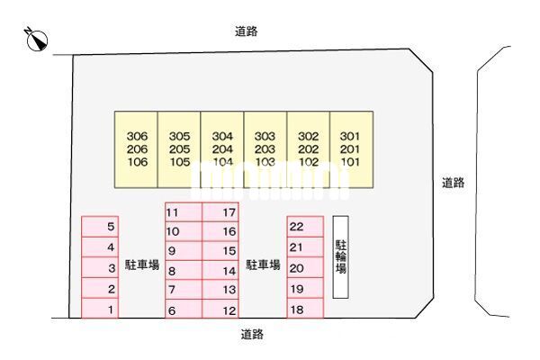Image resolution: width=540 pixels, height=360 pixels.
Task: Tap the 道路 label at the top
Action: (x=247, y=31)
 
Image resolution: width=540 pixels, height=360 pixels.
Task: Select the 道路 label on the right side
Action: (x=453, y=183)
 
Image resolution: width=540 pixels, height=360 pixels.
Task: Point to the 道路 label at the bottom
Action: (x=252, y=333)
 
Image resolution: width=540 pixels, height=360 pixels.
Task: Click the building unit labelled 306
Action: (x=137, y=149)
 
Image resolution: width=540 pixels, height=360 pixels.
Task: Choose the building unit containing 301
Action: (x=350, y=149)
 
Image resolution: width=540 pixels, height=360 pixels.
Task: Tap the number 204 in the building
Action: (x=222, y=149)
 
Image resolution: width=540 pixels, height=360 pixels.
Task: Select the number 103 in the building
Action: (x=265, y=163)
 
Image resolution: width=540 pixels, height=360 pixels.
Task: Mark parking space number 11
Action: (x=184, y=212)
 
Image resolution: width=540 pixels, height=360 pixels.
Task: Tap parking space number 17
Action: (x=220, y=212)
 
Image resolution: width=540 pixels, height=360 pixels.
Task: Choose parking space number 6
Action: (x=184, y=310)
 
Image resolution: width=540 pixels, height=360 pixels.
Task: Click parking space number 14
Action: (x=220, y=270)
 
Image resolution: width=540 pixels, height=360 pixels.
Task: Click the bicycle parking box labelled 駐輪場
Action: (x=341, y=256)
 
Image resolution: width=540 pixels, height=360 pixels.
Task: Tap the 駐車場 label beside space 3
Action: (x=142, y=265)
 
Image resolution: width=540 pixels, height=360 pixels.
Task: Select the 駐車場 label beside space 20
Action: (x=264, y=265)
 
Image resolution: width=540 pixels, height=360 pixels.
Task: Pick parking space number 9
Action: (x=184, y=251)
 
